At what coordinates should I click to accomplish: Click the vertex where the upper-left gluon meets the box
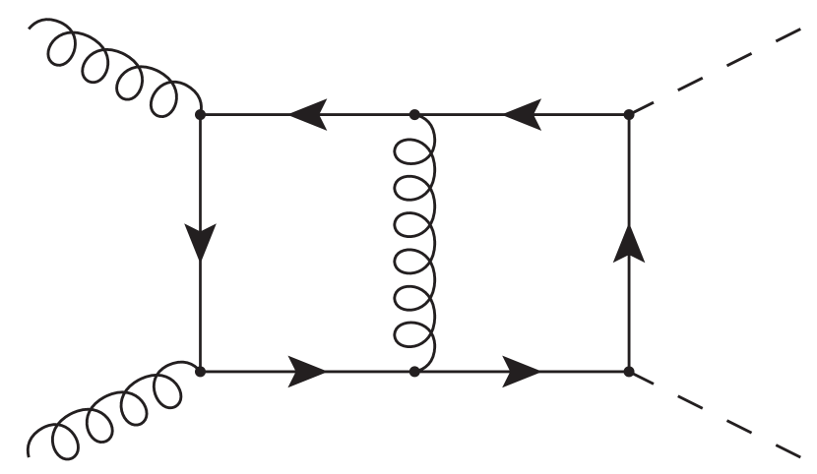201,114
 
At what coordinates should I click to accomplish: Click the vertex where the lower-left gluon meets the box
201,372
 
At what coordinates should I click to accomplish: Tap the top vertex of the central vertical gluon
415,114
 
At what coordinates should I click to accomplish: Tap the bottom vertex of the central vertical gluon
415,372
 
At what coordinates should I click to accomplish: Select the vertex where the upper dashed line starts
629,114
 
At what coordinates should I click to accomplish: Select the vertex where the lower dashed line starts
629,372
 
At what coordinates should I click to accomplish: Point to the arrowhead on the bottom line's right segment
522,372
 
